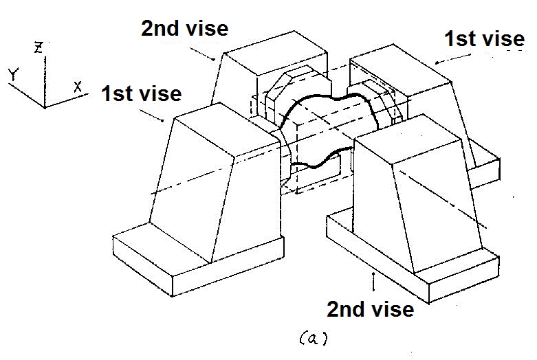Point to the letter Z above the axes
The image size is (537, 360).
39,47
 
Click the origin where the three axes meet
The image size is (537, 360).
44,106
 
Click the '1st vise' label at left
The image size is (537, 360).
141,93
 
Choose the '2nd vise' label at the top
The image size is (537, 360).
184,28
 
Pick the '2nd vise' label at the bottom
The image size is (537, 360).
371,309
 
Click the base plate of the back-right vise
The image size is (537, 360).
485,166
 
